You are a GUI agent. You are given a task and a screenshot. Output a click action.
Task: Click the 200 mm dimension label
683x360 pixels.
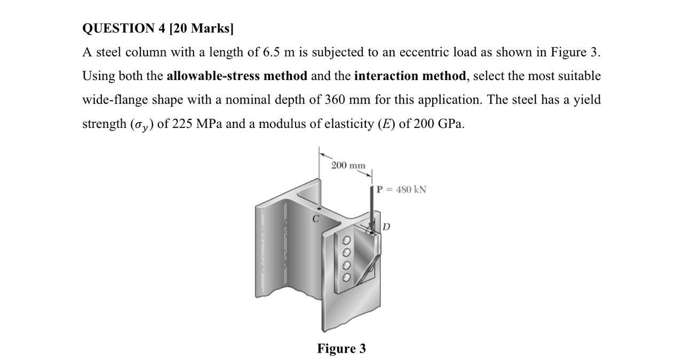point(348,165)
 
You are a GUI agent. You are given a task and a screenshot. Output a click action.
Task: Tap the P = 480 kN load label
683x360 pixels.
point(401,189)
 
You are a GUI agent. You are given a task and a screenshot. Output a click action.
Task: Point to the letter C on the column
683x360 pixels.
point(315,219)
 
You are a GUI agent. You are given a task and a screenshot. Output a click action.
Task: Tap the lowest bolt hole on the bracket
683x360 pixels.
point(346,277)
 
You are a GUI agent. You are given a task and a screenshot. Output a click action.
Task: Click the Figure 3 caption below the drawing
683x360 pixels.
point(341,349)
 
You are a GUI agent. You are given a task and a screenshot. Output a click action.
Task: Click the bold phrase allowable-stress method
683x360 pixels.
point(237,76)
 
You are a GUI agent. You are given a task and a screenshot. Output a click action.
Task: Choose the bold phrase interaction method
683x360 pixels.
point(410,76)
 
